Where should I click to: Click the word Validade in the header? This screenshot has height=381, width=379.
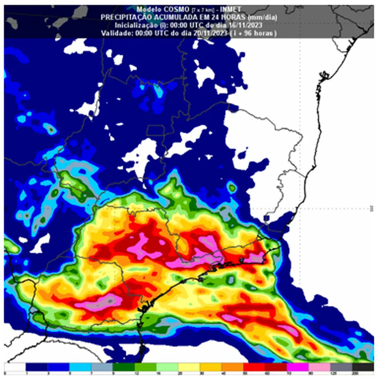click(x=116, y=34)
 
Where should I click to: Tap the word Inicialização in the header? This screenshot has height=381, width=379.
click(x=134, y=25)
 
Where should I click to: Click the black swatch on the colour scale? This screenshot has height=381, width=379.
click(x=363, y=367)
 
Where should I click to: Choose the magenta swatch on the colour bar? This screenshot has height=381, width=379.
click(x=297, y=367)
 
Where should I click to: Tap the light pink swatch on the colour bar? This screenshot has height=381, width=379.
click(x=319, y=367)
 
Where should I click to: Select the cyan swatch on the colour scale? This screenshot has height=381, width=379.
click(x=80, y=367)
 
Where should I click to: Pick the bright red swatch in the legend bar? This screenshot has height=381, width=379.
click(x=253, y=367)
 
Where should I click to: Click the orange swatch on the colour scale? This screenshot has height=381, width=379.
click(x=231, y=367)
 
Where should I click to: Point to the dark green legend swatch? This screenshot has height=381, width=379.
click(x=124, y=367)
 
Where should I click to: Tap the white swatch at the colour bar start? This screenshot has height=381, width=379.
click(x=15, y=367)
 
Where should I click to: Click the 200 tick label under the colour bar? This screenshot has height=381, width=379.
click(x=352, y=374)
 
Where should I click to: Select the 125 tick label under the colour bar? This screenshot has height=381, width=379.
click(x=330, y=374)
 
